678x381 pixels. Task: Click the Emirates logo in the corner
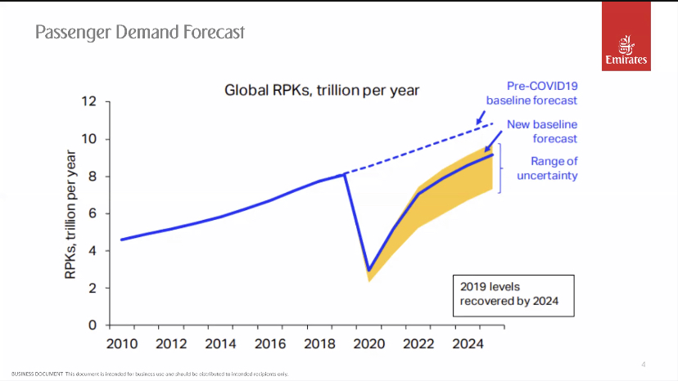[x=626, y=47]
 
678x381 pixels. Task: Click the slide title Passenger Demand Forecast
[x=139, y=33]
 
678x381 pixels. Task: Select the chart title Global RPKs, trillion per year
[x=322, y=89]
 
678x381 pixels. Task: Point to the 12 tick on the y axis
[x=88, y=101]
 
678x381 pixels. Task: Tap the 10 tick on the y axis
[x=88, y=139]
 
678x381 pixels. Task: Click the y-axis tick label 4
[x=93, y=251]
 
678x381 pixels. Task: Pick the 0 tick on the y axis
[x=93, y=325]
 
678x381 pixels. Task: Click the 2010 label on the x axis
[x=122, y=343]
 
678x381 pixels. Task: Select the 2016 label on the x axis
[x=270, y=343]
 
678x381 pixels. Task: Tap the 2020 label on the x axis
[x=368, y=343]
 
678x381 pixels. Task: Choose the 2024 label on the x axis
[x=468, y=343]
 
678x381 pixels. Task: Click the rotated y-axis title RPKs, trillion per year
[x=71, y=213]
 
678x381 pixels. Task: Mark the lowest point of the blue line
[x=369, y=270]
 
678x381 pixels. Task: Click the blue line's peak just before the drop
[x=345, y=173]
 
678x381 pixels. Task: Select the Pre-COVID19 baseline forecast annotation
[x=531, y=92]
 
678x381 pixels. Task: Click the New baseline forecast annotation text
[x=541, y=132]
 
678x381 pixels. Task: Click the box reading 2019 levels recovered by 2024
[x=513, y=296]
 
